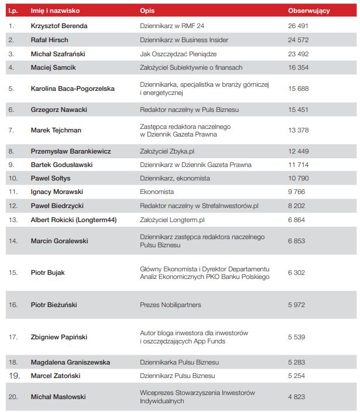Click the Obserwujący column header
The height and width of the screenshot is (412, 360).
click(308, 11)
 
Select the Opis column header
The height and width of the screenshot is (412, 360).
click(147, 11)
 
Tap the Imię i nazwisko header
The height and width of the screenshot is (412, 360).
click(55, 11)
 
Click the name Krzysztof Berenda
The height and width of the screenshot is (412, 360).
click(59, 26)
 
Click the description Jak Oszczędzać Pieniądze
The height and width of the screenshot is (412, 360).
click(179, 53)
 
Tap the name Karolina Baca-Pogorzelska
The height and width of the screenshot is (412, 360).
click(73, 88)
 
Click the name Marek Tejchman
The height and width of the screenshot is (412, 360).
click(56, 130)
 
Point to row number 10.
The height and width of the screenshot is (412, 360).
click(13, 178)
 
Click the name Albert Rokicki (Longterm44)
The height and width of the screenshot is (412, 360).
click(73, 220)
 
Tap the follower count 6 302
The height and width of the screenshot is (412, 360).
click(296, 273)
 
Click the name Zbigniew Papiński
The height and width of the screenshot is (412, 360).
click(60, 337)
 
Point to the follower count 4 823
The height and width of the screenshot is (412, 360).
click(296, 397)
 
